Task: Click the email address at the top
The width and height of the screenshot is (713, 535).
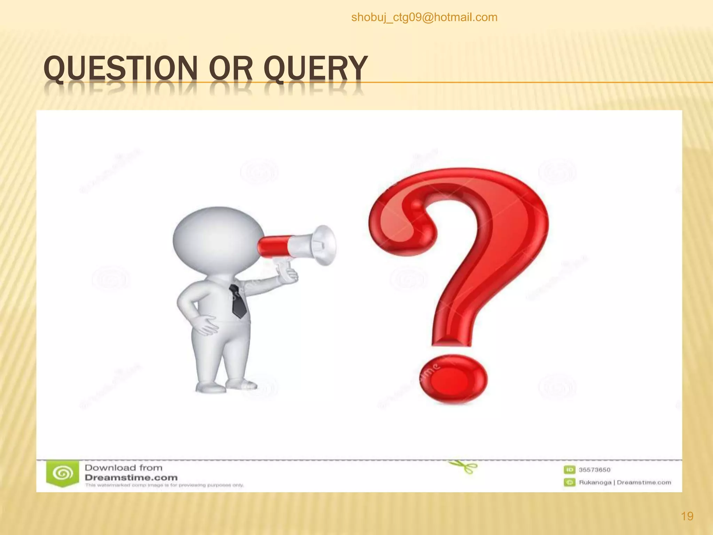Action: (x=424, y=17)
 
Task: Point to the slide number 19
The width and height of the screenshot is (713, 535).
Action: (x=687, y=516)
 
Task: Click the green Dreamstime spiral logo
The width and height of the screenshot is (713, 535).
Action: (x=63, y=474)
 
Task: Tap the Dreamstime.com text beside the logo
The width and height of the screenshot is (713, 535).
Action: (x=131, y=478)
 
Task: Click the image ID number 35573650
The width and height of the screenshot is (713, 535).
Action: (x=595, y=470)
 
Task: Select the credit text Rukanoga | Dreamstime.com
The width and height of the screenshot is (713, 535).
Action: (x=625, y=482)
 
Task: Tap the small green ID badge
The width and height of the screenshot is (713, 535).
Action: (x=569, y=470)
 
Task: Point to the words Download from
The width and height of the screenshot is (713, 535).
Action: (x=124, y=467)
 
